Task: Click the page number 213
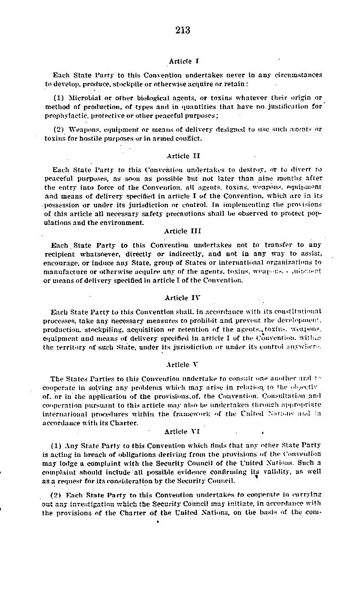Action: pyautogui.click(x=182, y=30)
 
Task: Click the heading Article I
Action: pyautogui.click(x=180, y=61)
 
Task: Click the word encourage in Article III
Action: pyautogui.click(x=61, y=263)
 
